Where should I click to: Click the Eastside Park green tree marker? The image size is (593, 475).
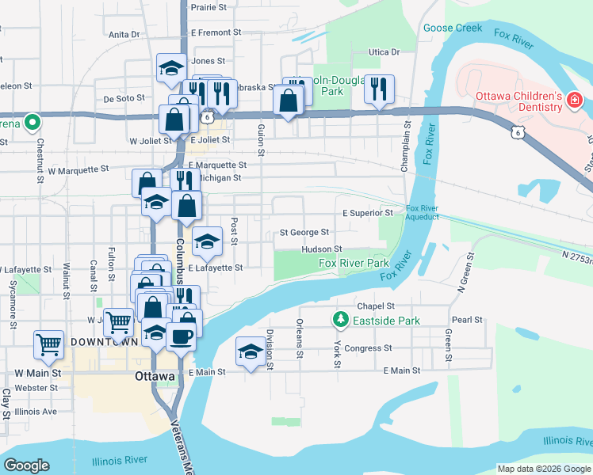pos(341,320)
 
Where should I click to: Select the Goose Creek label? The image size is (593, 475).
pos(453,28)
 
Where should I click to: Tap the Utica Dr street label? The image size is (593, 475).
pos(384,52)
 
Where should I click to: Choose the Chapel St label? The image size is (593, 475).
pos(376,306)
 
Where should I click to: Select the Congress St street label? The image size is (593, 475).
pos(369,348)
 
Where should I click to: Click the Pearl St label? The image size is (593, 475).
pos(467,320)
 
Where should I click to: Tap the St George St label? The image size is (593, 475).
pos(304,233)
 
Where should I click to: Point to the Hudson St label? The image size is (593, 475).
pos(321,249)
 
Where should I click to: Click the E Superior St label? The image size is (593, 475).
pos(368,213)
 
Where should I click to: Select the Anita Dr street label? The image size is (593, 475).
pos(124,34)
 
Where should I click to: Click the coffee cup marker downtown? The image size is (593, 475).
pos(182,335)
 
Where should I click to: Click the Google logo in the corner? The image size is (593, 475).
pos(27,465)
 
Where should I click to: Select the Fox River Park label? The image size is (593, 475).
pos(354,263)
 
